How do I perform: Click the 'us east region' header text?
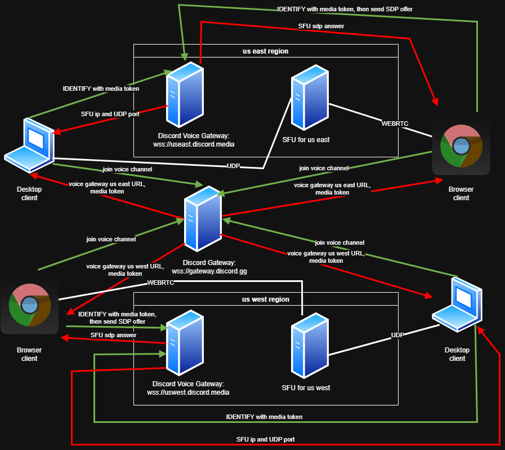point(265,51)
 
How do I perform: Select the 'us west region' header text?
point(265,299)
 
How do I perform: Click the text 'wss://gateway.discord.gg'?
point(209,271)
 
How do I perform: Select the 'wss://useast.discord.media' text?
point(194,144)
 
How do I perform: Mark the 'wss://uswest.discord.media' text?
point(187,392)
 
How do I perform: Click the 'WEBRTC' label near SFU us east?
point(395,123)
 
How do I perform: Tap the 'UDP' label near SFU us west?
point(398,335)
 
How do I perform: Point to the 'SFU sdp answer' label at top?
point(321,26)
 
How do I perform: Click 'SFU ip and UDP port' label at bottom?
point(265,439)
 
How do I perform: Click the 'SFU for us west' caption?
point(306,388)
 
